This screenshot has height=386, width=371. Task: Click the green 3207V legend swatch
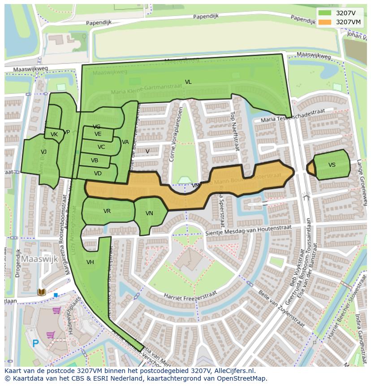coord(325,13)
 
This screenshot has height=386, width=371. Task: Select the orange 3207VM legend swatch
coord(325,22)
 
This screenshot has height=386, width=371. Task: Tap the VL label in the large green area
coord(188,82)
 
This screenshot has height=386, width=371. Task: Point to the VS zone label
coord(332,165)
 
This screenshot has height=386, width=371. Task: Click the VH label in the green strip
coord(90,262)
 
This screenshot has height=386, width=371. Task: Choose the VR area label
coord(107,211)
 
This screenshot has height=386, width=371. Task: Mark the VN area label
coord(149,213)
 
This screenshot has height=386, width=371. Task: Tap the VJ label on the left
coord(43,152)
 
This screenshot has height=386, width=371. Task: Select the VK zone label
coord(54,134)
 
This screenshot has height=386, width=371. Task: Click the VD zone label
coord(98,173)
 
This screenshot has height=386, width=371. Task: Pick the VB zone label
coord(95,160)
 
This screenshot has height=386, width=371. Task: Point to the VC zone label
coord(101,147)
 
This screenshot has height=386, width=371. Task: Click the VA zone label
coord(125,142)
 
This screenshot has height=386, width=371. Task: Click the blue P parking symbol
coord(35,344)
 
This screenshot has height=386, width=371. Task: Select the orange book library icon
coord(41,292)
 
